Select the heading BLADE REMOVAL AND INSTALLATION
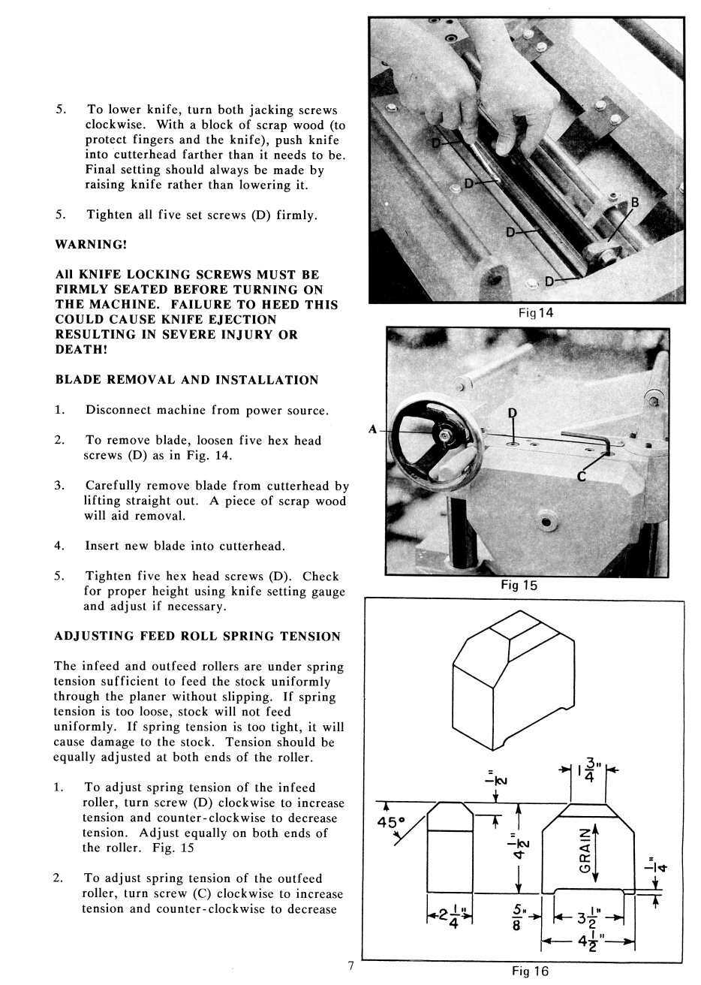187,380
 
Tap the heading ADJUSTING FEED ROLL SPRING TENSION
197,636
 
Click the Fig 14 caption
536,313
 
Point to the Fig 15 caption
519,586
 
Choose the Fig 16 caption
530,971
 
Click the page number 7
350,965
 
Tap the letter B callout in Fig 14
635,203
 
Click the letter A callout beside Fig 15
372,429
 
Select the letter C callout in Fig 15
581,475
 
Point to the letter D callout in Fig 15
513,413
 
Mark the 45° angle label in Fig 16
390,823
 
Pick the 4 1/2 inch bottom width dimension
589,942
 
